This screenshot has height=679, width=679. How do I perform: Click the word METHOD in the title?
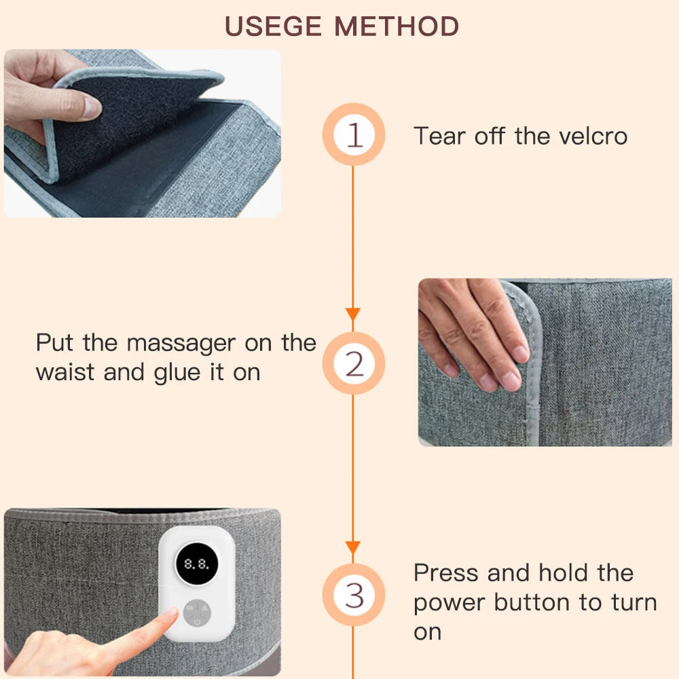397,26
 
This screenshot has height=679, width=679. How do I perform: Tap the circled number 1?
353,135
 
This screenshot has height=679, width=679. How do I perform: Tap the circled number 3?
353,595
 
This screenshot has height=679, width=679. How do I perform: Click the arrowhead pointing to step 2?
352,314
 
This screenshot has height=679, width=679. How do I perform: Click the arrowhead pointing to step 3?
352,547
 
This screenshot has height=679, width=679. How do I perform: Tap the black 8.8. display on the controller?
196,564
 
